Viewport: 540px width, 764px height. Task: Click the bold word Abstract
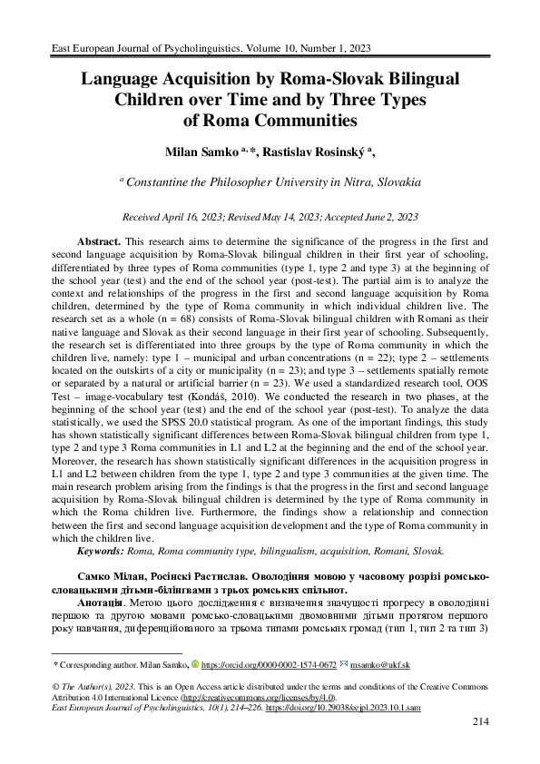[x=99, y=244]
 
